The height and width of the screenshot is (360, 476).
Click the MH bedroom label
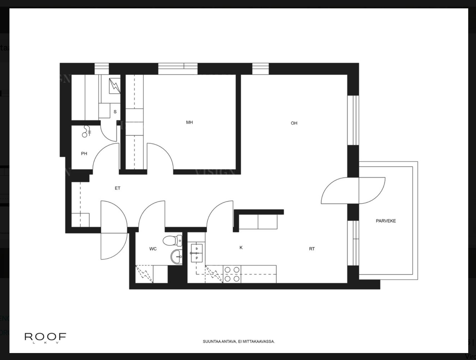pyautogui.click(x=189, y=122)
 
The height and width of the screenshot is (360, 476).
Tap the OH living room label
pyautogui.click(x=294, y=123)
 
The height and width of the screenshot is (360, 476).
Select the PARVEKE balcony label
pyautogui.click(x=386, y=221)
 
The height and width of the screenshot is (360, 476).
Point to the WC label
pyautogui.click(x=153, y=249)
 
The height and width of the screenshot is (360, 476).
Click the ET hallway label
pyautogui.click(x=117, y=188)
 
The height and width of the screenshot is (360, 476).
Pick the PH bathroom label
pyautogui.click(x=84, y=154)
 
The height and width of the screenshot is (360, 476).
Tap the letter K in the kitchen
pyautogui.click(x=241, y=247)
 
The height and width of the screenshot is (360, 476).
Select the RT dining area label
pyautogui.click(x=312, y=249)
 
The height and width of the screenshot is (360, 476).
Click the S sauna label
pyautogui.click(x=115, y=112)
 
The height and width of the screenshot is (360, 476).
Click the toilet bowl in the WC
pyautogui.click(x=172, y=240)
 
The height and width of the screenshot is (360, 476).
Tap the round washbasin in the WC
pyautogui.click(x=176, y=256)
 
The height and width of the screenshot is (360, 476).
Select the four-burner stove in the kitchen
pyautogui.click(x=232, y=274)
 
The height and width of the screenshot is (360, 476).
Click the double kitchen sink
pyautogui.click(x=197, y=253)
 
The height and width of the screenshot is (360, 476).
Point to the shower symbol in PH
pyautogui.click(x=87, y=132)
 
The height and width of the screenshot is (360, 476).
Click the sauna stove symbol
pyautogui.click(x=114, y=86)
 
